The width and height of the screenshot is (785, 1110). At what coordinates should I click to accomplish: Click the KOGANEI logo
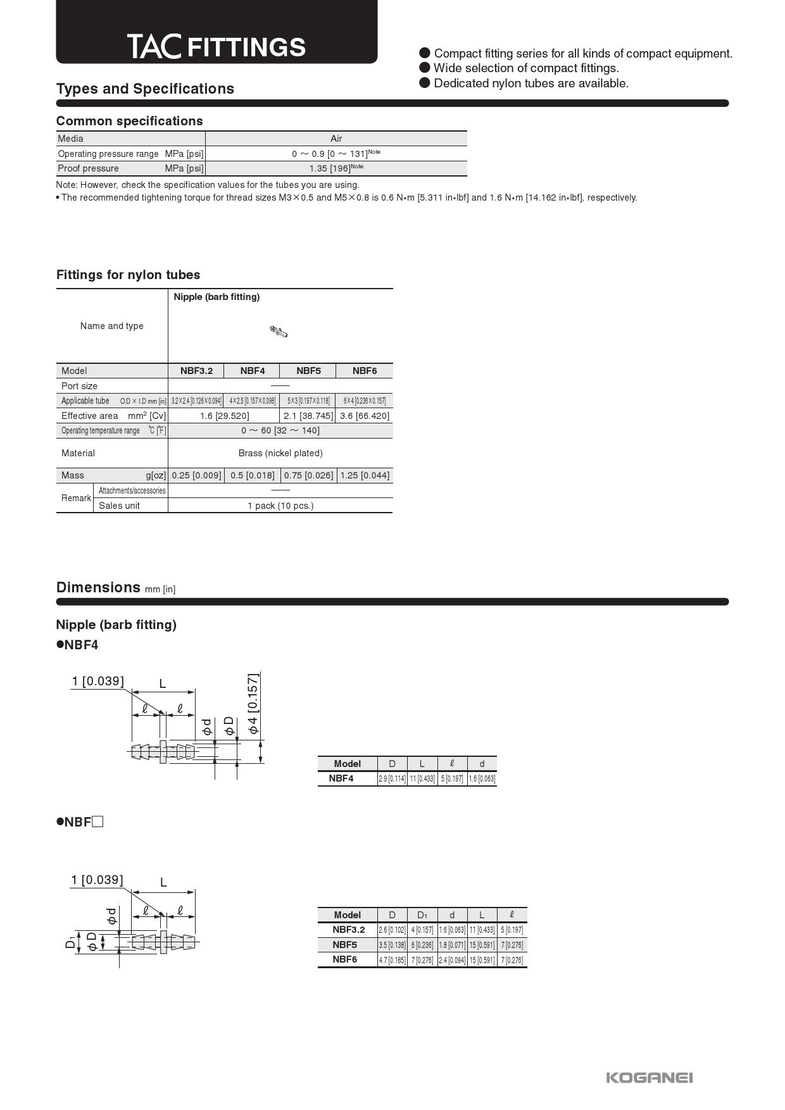(x=649, y=1078)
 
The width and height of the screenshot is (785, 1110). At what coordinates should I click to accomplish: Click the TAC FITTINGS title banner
(x=217, y=47)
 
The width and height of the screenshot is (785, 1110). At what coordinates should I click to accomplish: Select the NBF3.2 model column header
(x=196, y=371)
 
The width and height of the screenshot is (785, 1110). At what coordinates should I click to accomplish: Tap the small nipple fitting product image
(x=279, y=332)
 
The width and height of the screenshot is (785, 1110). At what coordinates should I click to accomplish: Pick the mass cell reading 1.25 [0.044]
(x=365, y=475)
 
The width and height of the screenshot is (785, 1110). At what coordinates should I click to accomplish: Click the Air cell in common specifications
(x=336, y=139)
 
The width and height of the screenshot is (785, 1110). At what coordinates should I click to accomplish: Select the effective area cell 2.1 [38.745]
(x=308, y=416)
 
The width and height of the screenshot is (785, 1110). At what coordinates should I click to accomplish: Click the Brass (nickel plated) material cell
(x=280, y=453)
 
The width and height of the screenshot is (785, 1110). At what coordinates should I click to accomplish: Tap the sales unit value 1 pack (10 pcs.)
(x=280, y=506)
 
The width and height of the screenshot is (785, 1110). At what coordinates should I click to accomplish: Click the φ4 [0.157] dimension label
(x=253, y=703)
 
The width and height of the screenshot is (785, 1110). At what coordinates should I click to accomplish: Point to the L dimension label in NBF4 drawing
(x=163, y=683)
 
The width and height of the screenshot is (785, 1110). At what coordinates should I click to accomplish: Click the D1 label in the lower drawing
(x=70, y=943)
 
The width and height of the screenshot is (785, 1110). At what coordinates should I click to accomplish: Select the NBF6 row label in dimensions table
(x=345, y=959)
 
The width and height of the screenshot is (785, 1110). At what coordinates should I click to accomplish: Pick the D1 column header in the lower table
(x=422, y=915)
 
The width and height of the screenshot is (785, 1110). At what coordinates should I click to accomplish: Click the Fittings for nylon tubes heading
(x=128, y=275)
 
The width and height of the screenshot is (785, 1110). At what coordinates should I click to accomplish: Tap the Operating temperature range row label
(x=101, y=431)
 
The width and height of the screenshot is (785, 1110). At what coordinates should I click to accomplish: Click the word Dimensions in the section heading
(x=98, y=587)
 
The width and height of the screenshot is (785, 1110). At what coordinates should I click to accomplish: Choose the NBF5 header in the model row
(x=308, y=371)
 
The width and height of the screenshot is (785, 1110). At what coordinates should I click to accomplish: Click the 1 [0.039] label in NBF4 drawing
(x=97, y=681)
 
